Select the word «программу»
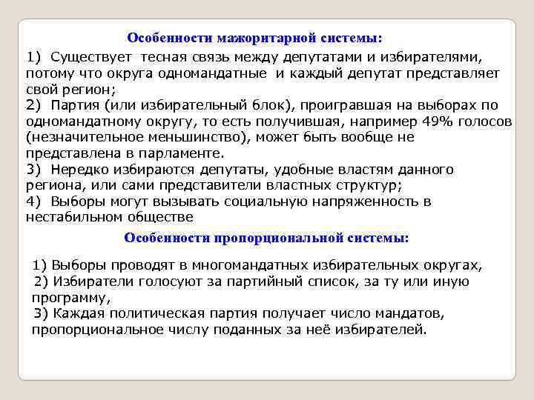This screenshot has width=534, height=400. (68, 298)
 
